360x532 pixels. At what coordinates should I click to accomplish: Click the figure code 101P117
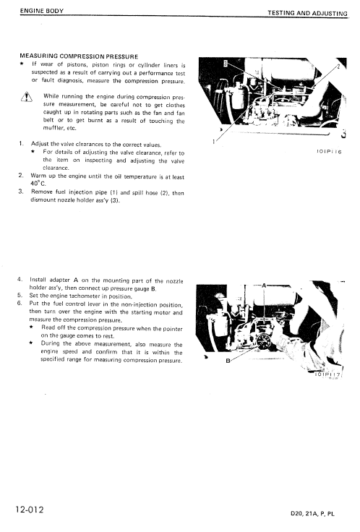pos(328,376)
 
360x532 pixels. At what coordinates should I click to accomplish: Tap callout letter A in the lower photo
pos(265,286)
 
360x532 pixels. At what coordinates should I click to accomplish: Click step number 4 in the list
pos(19,278)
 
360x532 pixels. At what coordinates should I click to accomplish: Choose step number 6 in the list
pos(19,303)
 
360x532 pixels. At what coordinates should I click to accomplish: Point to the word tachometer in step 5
pos(100,295)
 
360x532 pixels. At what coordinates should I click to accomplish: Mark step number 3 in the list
pos(20,192)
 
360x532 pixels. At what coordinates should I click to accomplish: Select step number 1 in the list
pos(20,144)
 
